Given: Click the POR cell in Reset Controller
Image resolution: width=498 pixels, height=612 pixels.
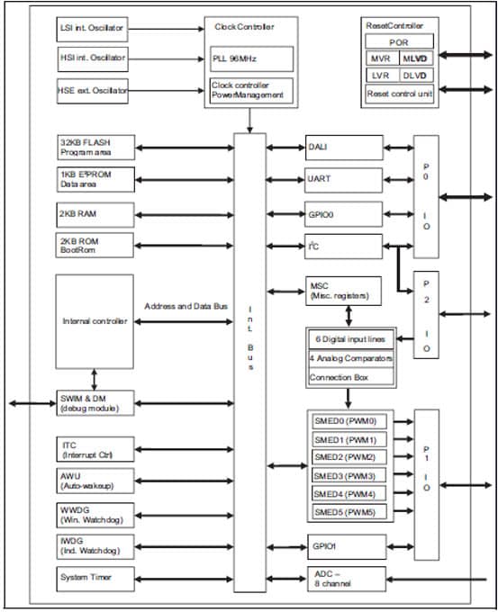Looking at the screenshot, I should (x=398, y=42).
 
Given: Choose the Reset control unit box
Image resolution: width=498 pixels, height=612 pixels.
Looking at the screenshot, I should (x=398, y=93).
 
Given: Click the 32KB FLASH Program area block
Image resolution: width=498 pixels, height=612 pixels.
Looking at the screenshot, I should (x=95, y=147).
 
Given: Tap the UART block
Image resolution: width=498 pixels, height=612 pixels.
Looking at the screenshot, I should (x=344, y=180).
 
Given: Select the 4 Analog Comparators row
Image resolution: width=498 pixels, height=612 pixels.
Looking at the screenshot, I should (x=350, y=358).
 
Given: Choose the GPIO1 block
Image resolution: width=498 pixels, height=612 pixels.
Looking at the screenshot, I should (x=344, y=545).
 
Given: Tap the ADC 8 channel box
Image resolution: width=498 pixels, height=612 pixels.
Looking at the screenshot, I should (x=344, y=579).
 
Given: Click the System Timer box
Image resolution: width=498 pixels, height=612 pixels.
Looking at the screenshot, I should (x=95, y=577).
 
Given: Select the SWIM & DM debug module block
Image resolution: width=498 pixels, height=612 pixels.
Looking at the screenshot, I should (x=95, y=404).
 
